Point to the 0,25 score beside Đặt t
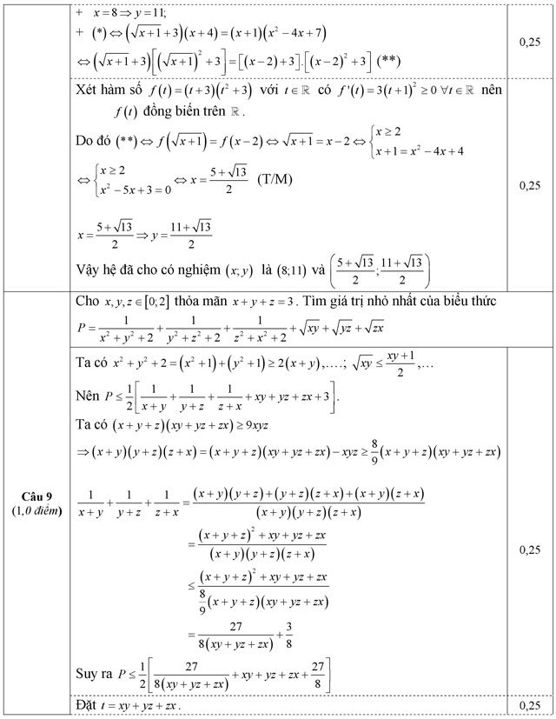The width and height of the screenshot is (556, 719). point(529,705)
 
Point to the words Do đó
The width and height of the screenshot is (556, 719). point(96,142)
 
